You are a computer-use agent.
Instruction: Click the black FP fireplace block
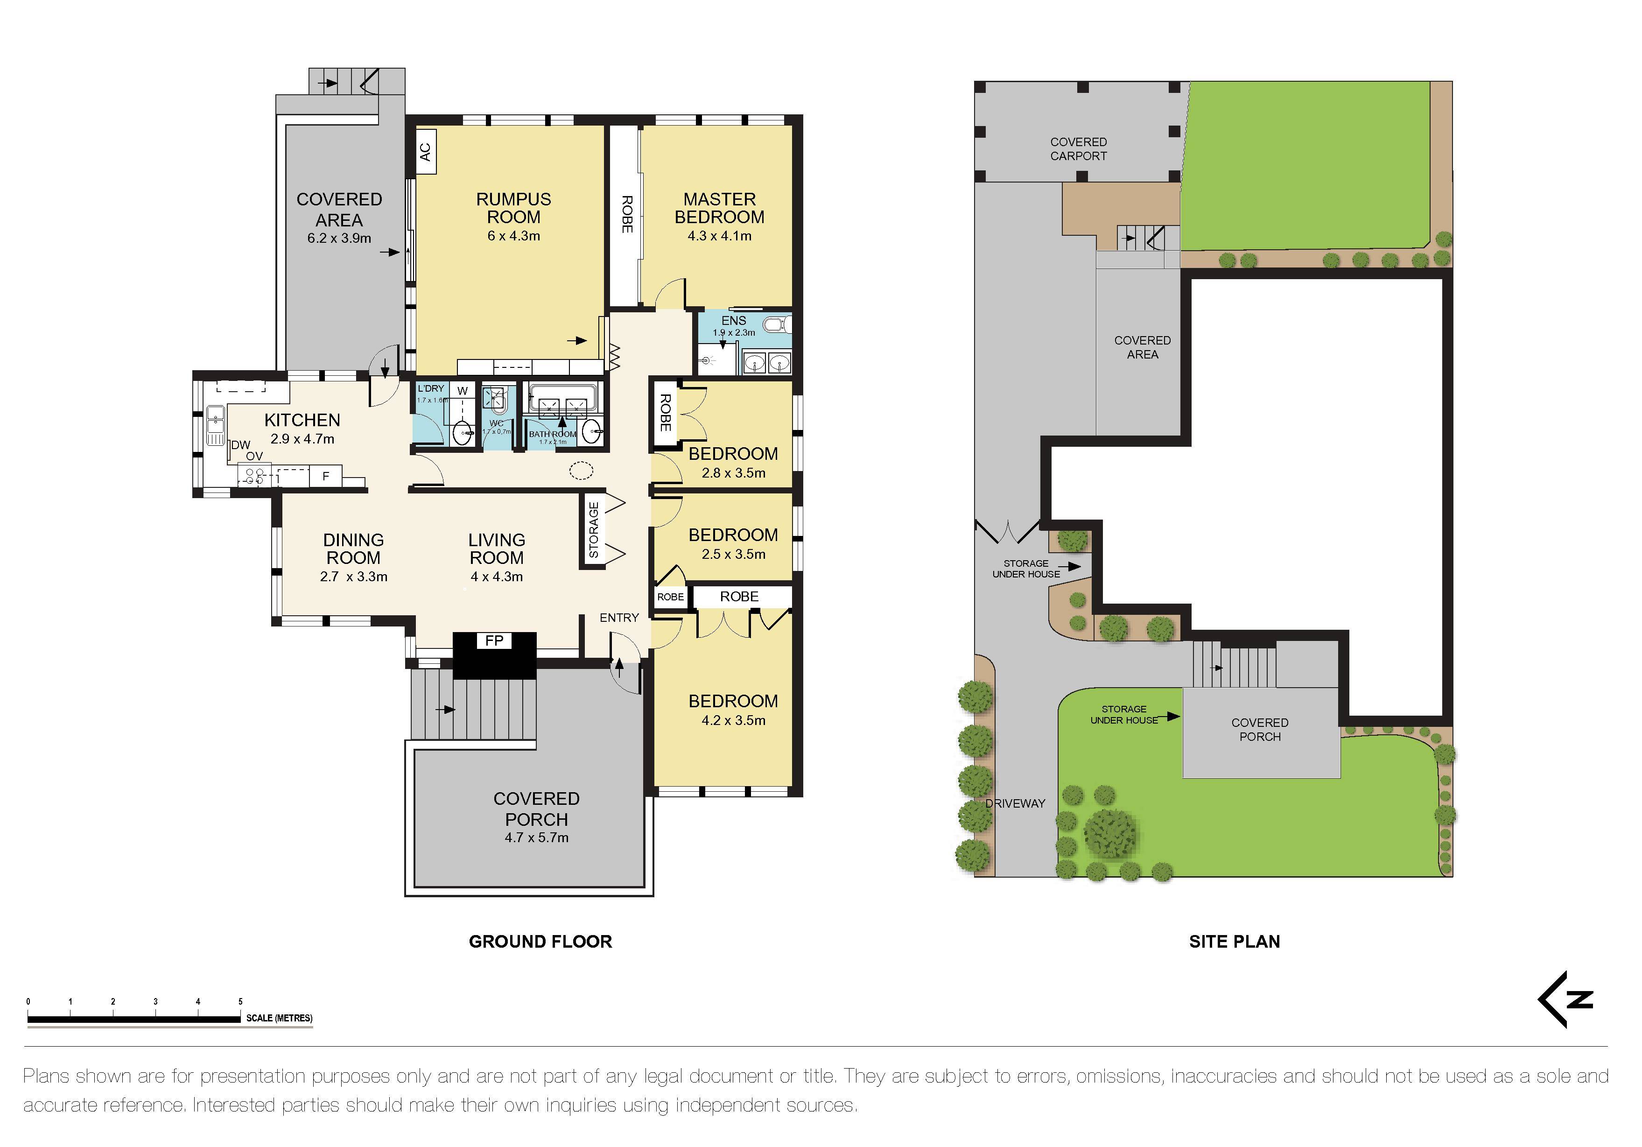(x=494, y=654)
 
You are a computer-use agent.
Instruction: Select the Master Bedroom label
(x=719, y=208)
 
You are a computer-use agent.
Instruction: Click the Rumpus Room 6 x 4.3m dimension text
(x=513, y=236)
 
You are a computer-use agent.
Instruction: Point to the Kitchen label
(x=302, y=420)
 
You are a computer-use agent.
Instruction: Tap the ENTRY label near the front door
(x=618, y=618)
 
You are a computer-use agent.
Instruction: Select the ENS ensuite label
(x=733, y=320)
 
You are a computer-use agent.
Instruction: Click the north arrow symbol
(x=1566, y=999)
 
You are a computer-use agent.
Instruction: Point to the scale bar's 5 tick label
(x=240, y=1001)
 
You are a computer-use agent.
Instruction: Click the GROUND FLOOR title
(x=540, y=942)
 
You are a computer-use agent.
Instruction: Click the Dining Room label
(x=353, y=549)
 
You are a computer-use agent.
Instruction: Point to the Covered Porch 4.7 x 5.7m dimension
(x=536, y=837)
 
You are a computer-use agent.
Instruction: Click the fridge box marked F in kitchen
(x=326, y=476)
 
